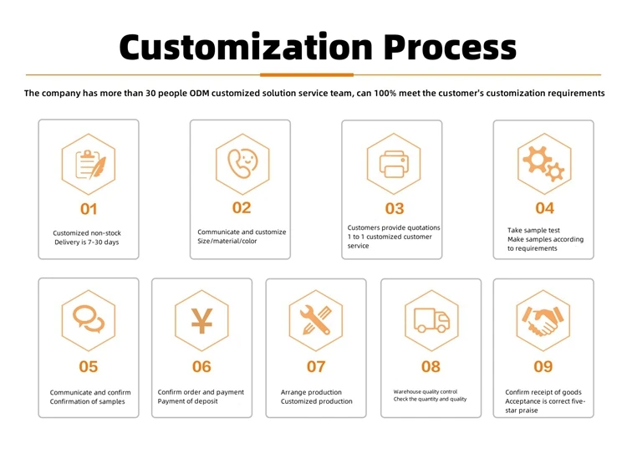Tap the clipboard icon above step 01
click(89, 164)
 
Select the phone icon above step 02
click(242, 161)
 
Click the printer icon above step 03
click(394, 163)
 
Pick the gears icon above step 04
click(544, 163)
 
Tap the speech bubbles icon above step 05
click(88, 319)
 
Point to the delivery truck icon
click(431, 319)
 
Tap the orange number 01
click(89, 209)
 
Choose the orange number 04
click(544, 208)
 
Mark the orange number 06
click(201, 366)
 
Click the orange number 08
click(431, 366)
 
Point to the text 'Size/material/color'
click(227, 242)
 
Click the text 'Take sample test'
click(533, 230)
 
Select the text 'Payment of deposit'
click(188, 401)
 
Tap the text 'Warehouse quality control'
click(426, 391)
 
